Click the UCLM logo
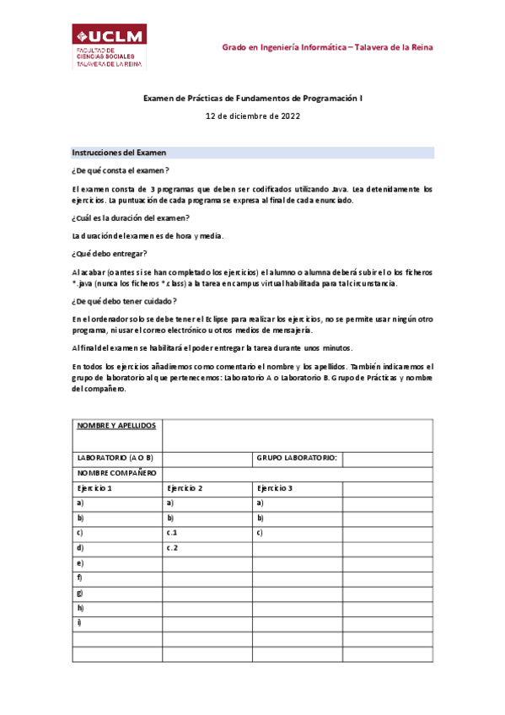(x=109, y=46)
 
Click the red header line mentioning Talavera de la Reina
(x=327, y=47)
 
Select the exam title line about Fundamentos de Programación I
(x=253, y=99)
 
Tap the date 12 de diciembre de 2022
(x=253, y=116)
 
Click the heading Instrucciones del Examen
(x=120, y=153)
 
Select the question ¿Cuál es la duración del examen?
(x=131, y=218)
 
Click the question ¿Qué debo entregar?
(x=110, y=254)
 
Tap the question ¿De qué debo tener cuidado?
(x=124, y=301)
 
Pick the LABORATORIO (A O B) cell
(x=116, y=458)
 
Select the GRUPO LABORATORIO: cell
(x=297, y=458)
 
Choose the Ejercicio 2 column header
(x=185, y=488)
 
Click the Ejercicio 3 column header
(x=275, y=488)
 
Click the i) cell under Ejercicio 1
(x=80, y=622)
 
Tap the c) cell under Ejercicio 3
(x=261, y=533)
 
